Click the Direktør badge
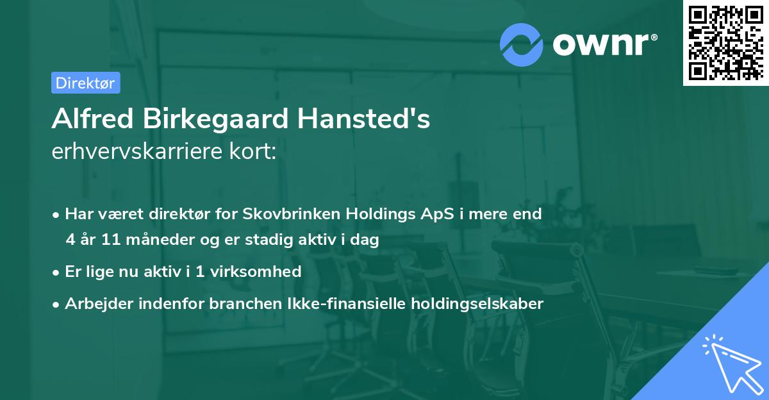(x=85, y=83)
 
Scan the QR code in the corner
(x=725, y=43)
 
